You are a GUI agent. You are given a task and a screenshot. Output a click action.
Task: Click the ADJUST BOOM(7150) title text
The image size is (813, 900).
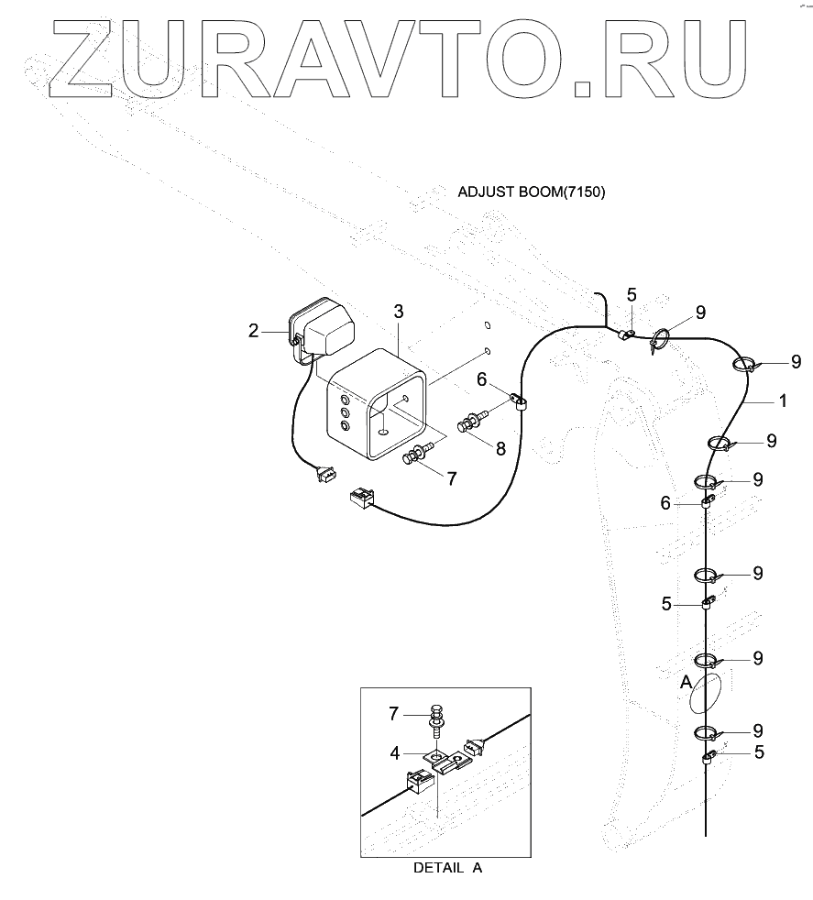pyautogui.click(x=532, y=192)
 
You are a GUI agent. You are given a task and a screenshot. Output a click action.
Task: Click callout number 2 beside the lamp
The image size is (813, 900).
pyautogui.click(x=253, y=331)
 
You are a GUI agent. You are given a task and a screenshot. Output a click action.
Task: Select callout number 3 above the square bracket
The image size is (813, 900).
pyautogui.click(x=398, y=313)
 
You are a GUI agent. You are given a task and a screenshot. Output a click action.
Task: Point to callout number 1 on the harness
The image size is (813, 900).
pyautogui.click(x=782, y=401)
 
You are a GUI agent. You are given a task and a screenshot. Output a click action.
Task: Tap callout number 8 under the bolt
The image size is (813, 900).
pyautogui.click(x=500, y=448)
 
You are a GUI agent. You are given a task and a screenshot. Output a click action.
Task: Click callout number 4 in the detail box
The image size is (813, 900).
pyautogui.click(x=395, y=752)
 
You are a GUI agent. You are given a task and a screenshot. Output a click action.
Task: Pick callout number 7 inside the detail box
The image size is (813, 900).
pyautogui.click(x=395, y=713)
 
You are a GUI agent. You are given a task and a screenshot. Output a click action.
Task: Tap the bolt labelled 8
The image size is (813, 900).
pyautogui.click(x=470, y=425)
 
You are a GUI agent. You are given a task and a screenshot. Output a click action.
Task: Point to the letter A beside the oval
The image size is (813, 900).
pyautogui.click(x=685, y=682)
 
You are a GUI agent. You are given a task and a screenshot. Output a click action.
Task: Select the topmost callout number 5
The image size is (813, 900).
pyautogui.click(x=631, y=294)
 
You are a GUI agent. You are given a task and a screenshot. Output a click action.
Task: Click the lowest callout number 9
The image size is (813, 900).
pyautogui.click(x=757, y=730)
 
